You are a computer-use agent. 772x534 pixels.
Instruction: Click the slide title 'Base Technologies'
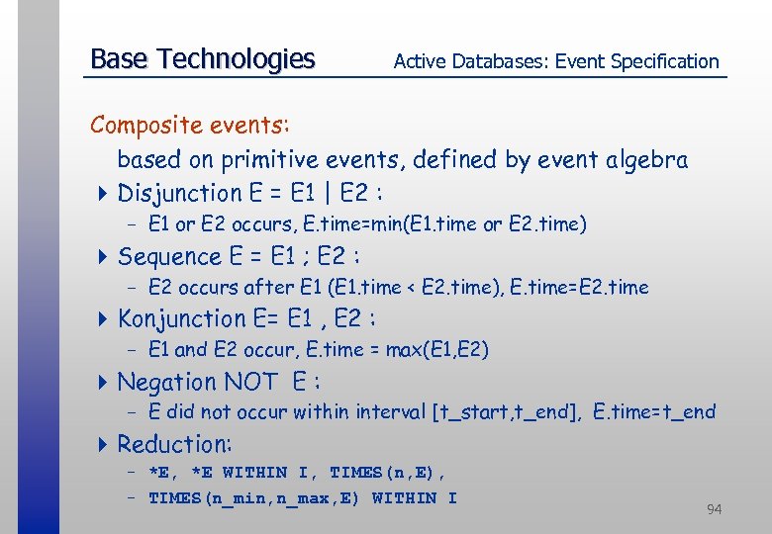[x=202, y=59]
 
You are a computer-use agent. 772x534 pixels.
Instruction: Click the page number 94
[x=714, y=509]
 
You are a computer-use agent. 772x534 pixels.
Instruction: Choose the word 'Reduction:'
[x=174, y=444]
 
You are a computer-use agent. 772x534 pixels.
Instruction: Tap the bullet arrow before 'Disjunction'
[x=106, y=194]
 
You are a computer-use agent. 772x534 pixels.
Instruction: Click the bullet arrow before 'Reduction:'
[x=106, y=445]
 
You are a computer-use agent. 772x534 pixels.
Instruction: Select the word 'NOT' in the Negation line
[x=251, y=382]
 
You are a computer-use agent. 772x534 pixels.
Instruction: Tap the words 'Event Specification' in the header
[x=636, y=61]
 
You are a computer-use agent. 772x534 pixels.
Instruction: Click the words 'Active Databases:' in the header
[x=471, y=61]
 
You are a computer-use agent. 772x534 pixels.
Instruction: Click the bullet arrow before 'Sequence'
[x=106, y=257]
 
